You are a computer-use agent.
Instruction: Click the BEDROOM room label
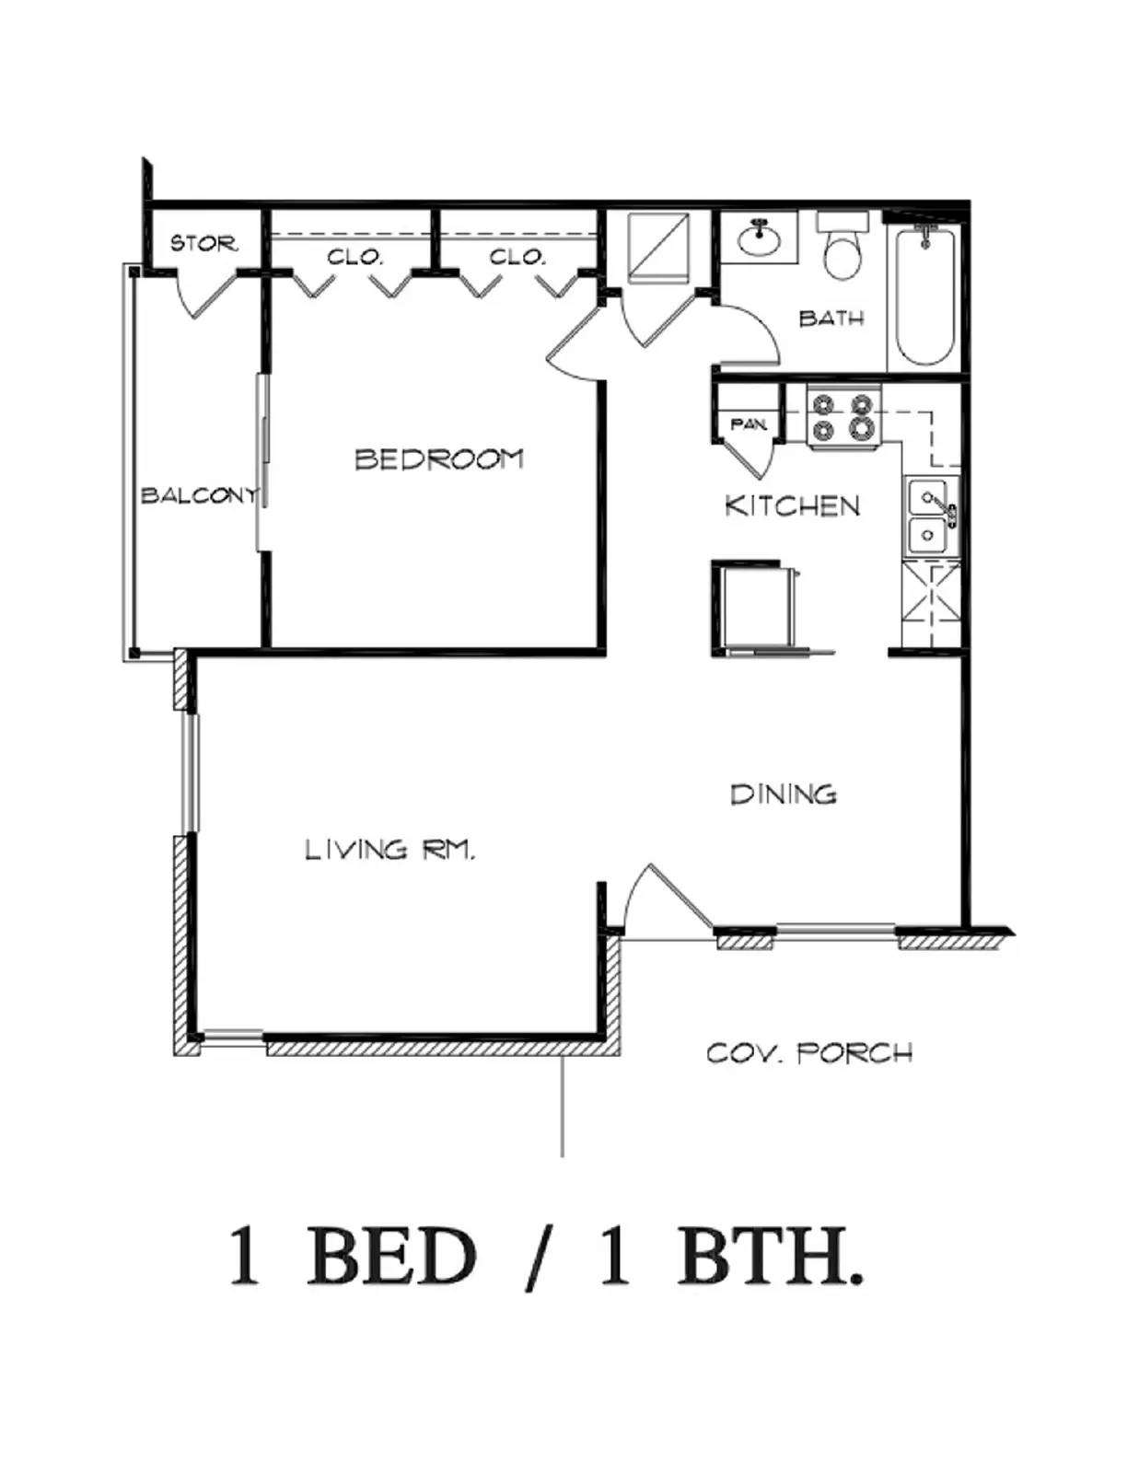tap(438, 458)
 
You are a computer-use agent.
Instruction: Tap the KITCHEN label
tap(792, 505)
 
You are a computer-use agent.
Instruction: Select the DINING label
tap(783, 794)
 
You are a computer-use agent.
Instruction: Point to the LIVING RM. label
tap(389, 849)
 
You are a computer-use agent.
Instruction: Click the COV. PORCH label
tap(808, 1052)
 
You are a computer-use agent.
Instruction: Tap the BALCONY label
tap(198, 495)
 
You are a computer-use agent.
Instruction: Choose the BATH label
tap(831, 319)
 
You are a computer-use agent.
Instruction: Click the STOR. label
tap(203, 244)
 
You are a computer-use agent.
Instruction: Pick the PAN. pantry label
tap(748, 424)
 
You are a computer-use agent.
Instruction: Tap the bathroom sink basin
tap(761, 240)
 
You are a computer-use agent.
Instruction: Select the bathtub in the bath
tap(924, 295)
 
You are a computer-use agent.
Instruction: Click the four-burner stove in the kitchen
tap(843, 416)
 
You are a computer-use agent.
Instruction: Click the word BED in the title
tap(390, 1258)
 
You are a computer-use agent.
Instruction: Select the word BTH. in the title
tap(770, 1258)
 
